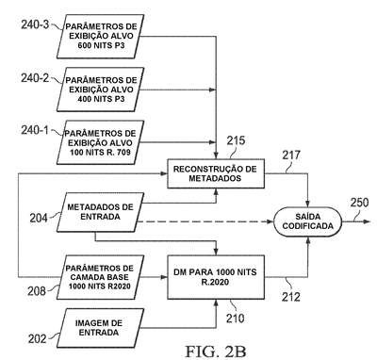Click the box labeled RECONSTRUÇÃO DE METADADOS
pos(216,173)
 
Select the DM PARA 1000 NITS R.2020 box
pos(216,277)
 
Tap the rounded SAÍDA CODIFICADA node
pos(307,221)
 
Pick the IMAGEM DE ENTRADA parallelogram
pos(100,328)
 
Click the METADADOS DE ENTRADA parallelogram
pos(100,212)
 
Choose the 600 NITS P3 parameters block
pos(100,36)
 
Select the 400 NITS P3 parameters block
pos(100,90)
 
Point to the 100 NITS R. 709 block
pos(100,142)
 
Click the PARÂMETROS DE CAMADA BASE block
pos(100,277)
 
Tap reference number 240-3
pos(35,25)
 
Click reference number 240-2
pos(35,78)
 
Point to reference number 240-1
pos(35,130)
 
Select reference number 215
pos(236,140)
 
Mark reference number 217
pos(291,155)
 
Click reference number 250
pos(359,203)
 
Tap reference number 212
pos(291,297)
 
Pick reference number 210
pos(235,318)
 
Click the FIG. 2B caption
pos(216,352)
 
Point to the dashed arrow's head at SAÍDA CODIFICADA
pos(270,221)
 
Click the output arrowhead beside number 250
pos(367,221)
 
